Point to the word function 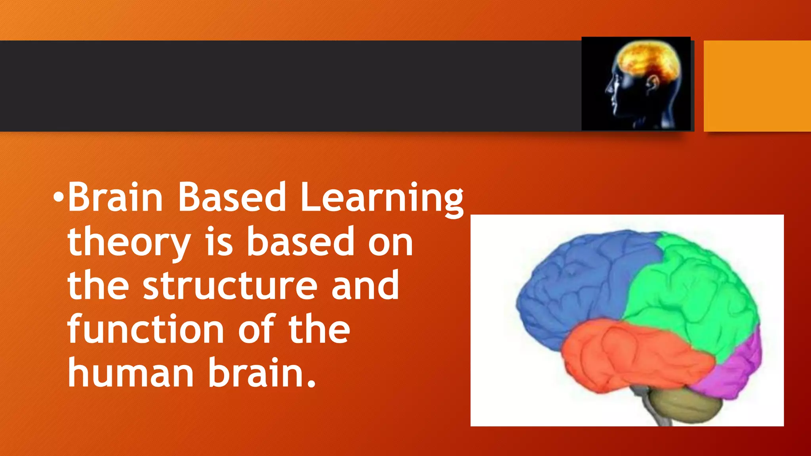pyautogui.click(x=146, y=329)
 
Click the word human pyautogui.click(x=130, y=373)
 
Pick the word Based pyautogui.click(x=232, y=197)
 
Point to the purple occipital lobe pyautogui.click(x=737, y=368)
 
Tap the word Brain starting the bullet pyautogui.click(x=115, y=197)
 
